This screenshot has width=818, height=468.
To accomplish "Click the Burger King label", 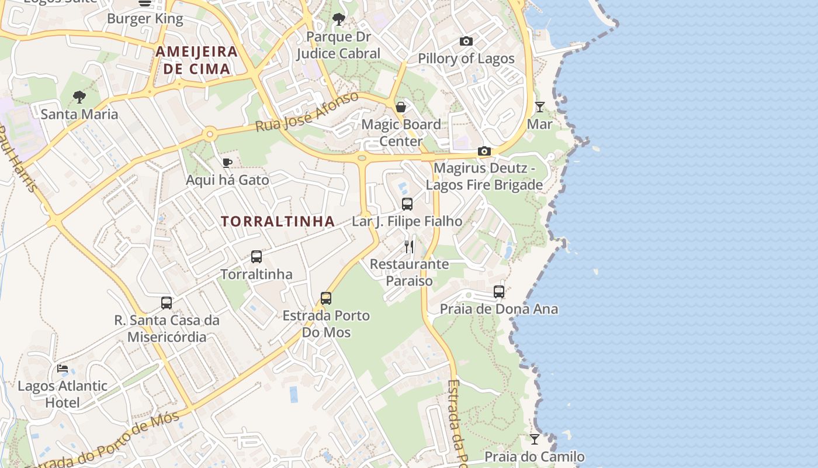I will point(145,19).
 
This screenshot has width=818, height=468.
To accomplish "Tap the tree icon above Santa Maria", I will point(79,97).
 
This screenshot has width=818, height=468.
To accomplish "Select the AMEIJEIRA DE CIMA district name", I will point(197,60).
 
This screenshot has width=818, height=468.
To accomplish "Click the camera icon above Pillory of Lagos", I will point(466,41).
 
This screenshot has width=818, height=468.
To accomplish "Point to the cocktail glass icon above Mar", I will point(539,107).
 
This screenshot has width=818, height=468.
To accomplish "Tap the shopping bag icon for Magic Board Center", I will point(401,107).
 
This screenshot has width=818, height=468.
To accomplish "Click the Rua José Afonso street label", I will point(307,111).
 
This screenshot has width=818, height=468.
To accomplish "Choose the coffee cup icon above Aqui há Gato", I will point(227,163).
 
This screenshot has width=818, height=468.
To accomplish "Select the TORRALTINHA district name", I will point(278,221).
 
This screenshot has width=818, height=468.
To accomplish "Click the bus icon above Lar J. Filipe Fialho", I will point(407,204).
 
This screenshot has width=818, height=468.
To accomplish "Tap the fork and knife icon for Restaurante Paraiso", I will point(409,247).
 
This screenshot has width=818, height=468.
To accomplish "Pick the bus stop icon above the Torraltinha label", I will point(257,257).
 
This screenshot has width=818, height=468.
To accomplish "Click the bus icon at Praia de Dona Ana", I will point(499,291).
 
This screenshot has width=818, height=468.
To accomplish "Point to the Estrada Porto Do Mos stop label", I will point(326,324).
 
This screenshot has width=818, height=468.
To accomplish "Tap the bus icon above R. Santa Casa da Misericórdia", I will point(167,303).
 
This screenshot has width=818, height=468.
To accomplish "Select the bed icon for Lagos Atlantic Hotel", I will point(63,369).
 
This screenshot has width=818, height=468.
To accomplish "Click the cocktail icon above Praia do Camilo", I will point(535,439).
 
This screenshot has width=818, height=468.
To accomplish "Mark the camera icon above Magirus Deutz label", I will point(484,152).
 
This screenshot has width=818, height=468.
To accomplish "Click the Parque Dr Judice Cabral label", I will point(338,45).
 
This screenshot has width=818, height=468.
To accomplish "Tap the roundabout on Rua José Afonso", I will point(209,135).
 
